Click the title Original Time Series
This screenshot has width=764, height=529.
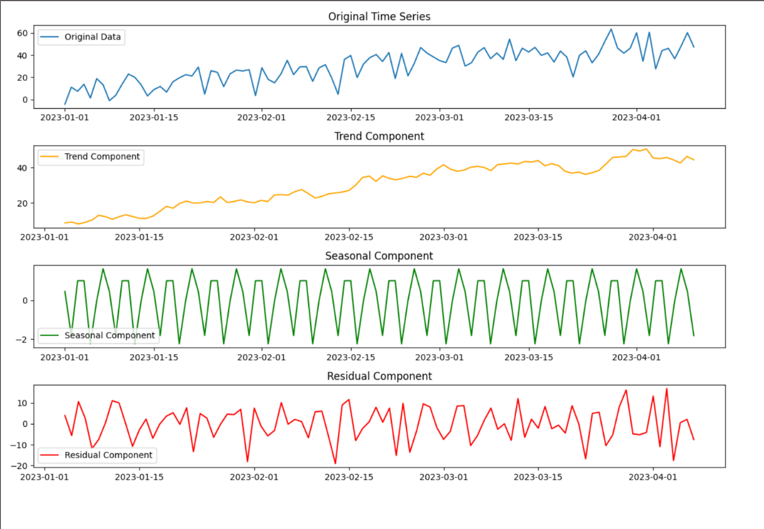point(379,16)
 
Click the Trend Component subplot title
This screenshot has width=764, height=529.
point(379,136)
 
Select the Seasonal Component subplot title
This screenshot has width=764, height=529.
point(379,256)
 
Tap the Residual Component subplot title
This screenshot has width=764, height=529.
point(379,376)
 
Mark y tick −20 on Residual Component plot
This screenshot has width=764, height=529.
point(21,466)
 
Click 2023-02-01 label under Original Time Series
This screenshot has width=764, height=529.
point(261,117)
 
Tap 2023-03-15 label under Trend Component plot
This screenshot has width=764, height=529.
point(538,237)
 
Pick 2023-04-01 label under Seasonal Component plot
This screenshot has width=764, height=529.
point(636,357)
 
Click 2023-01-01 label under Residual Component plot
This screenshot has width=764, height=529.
point(46,477)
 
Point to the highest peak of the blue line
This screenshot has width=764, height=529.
point(611,29)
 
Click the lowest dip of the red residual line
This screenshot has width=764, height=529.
point(335,463)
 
